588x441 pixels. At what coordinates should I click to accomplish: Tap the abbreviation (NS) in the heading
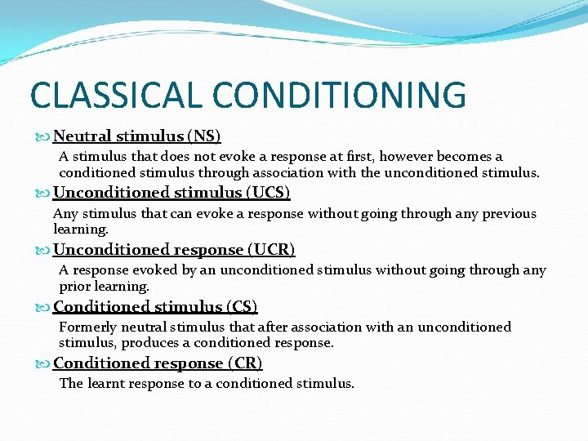click(x=204, y=136)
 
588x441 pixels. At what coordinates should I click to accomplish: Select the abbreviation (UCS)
click(x=268, y=193)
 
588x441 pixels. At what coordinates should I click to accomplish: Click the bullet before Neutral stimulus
click(x=44, y=136)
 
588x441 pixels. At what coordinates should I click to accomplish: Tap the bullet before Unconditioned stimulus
click(x=44, y=194)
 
